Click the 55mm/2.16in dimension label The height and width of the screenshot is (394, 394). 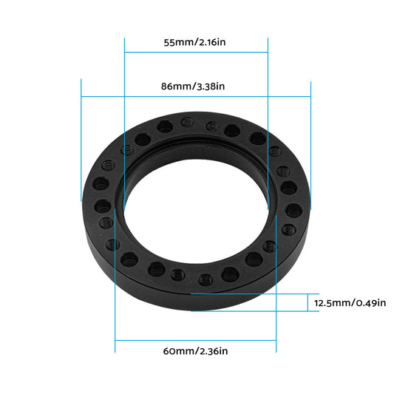click(196, 42)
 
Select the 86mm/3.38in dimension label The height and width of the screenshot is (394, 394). click(196, 86)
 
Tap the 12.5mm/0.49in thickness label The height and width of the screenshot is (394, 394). click(350, 303)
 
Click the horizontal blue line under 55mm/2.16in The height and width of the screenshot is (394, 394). click(196, 52)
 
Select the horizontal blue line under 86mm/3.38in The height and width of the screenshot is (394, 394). click(196, 96)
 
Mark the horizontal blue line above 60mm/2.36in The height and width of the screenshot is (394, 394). click(196, 341)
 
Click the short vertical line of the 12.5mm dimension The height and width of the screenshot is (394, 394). click(308, 302)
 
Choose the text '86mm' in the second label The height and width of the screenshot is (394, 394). click(175, 86)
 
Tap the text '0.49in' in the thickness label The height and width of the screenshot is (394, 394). click(370, 303)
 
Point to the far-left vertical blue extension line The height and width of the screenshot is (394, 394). click(81, 140)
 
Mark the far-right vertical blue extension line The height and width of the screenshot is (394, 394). click(311, 140)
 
